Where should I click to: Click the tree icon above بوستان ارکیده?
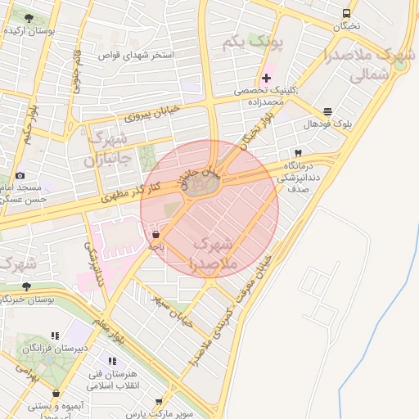[29, 18]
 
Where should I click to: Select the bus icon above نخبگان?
[346, 14]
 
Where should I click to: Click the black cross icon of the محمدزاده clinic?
[267, 78]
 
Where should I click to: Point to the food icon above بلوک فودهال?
[328, 111]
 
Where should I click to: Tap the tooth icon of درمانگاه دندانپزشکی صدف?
[298, 153]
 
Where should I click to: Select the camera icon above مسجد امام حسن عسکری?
[20, 175]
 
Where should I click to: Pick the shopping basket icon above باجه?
[155, 234]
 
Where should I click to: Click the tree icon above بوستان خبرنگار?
[26, 286]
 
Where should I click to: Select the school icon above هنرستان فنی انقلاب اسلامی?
[111, 361]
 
